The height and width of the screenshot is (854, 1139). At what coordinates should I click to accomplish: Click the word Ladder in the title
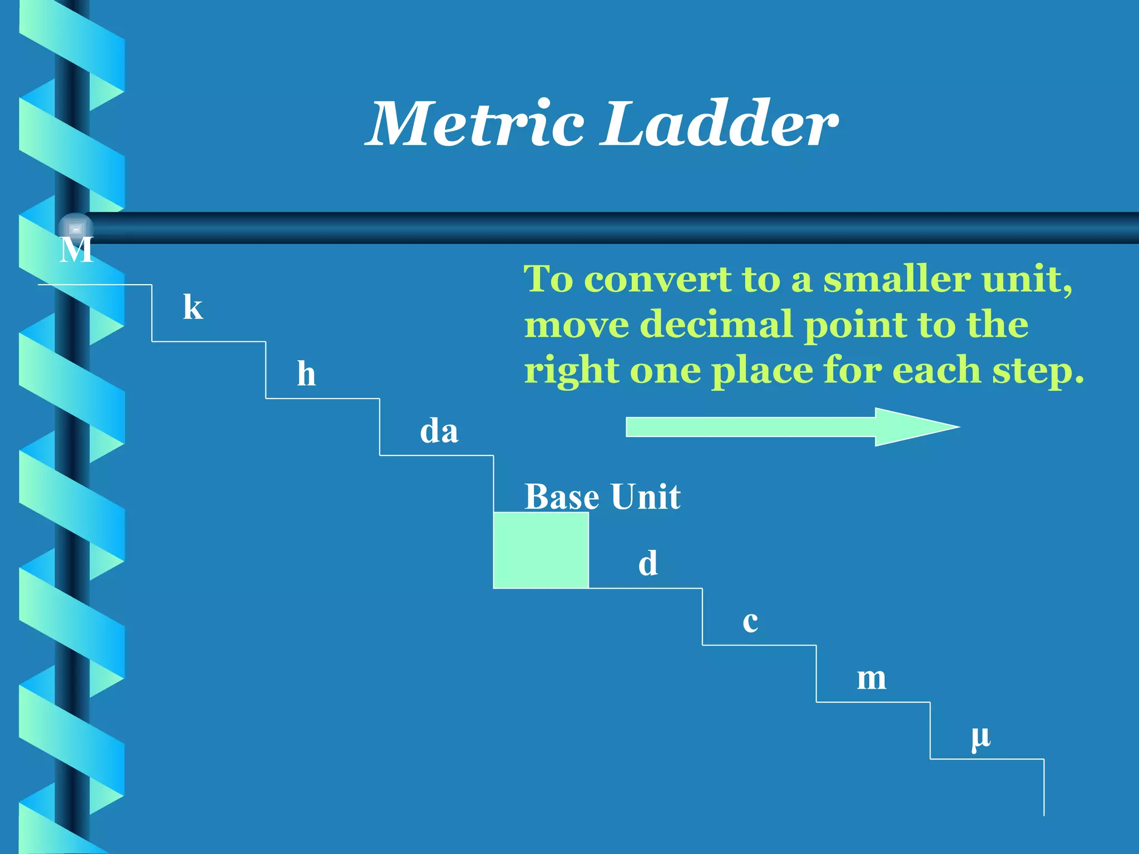tap(721, 123)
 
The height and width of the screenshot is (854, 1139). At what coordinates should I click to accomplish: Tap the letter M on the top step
tap(76, 250)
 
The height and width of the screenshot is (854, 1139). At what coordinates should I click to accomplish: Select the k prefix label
tap(193, 307)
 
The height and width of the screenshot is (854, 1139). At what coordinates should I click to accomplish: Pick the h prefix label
tap(306, 374)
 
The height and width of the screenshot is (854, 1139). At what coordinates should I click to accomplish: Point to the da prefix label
tap(439, 431)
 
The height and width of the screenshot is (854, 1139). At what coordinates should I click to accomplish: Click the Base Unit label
tap(602, 496)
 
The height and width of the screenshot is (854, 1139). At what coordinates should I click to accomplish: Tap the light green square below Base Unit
tap(541, 550)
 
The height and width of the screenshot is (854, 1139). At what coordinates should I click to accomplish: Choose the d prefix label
tap(648, 563)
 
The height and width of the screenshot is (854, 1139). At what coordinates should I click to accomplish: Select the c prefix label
tap(750, 622)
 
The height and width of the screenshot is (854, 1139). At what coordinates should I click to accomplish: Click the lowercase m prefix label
tap(871, 678)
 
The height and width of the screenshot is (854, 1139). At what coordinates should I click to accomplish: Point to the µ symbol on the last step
tap(980, 737)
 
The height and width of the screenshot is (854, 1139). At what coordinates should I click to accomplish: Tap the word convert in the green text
tap(658, 279)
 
